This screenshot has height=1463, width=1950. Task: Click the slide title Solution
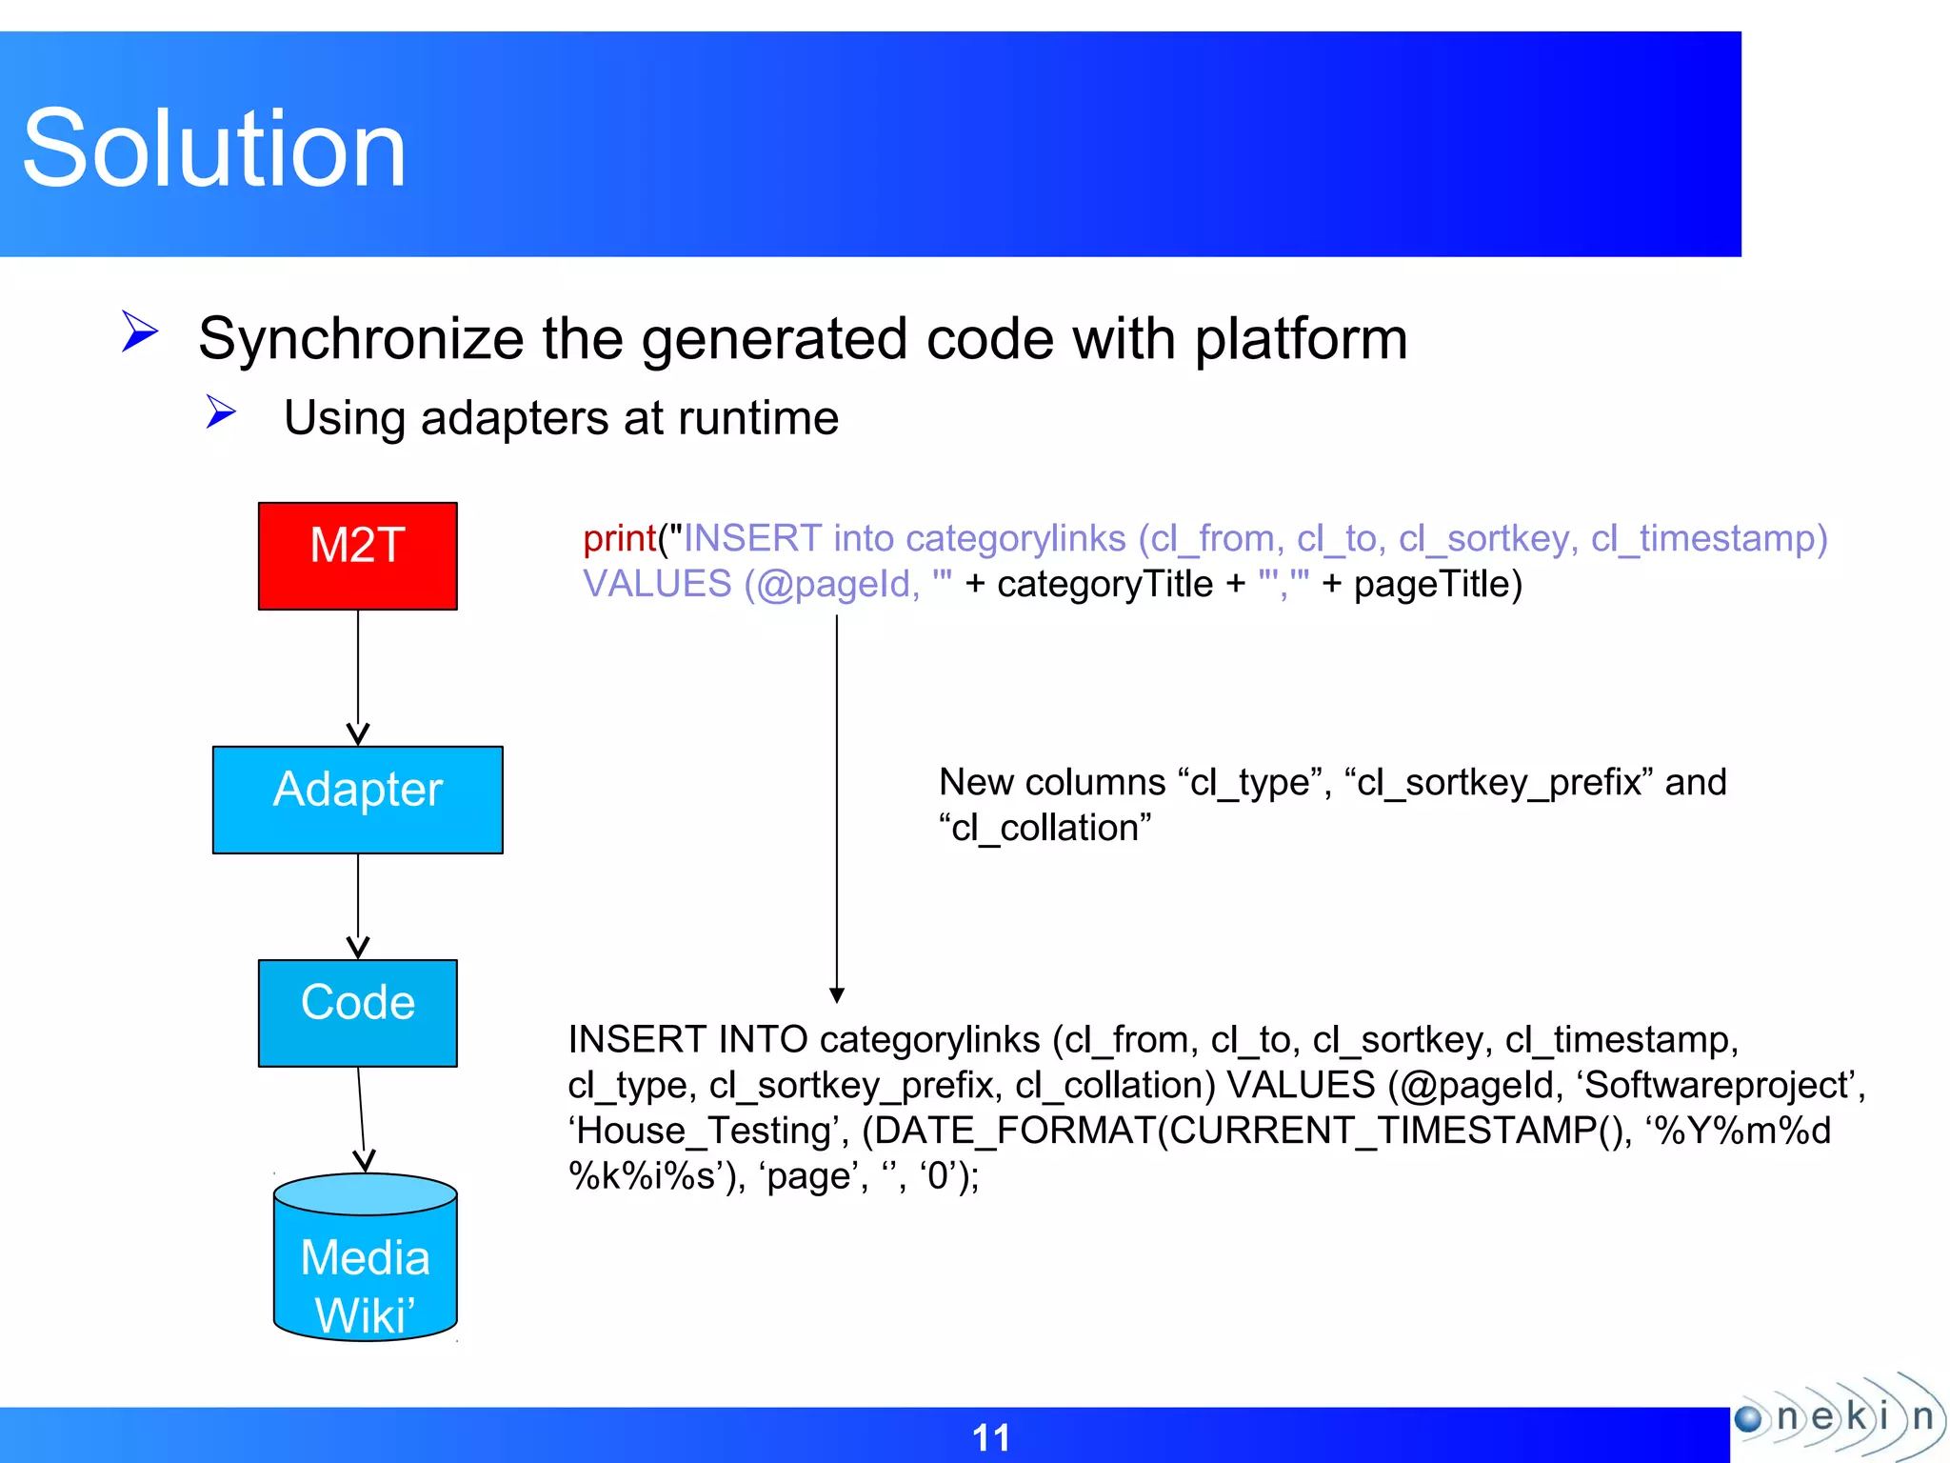pyautogui.click(x=214, y=149)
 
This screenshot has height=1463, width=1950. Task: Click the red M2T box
pyautogui.click(x=357, y=555)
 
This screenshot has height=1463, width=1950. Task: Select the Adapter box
pyautogui.click(x=357, y=799)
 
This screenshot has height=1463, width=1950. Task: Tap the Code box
pyautogui.click(x=357, y=1012)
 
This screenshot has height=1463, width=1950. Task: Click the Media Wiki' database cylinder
pyautogui.click(x=365, y=1267)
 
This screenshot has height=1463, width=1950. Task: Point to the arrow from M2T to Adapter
pyautogui.click(x=358, y=676)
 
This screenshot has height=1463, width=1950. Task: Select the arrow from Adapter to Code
pyautogui.click(x=358, y=905)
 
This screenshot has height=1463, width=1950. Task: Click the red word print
pyautogui.click(x=619, y=539)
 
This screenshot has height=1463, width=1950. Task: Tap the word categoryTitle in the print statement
pyautogui.click(x=1104, y=585)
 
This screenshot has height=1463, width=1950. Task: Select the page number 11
pyautogui.click(x=990, y=1437)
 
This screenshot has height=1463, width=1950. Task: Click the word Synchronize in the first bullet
pyautogui.click(x=361, y=339)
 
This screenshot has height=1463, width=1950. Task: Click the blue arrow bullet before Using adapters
pyautogui.click(x=221, y=412)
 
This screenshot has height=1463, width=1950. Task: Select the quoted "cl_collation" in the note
pyautogui.click(x=1045, y=828)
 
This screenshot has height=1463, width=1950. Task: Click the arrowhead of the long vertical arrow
pyautogui.click(x=837, y=995)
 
